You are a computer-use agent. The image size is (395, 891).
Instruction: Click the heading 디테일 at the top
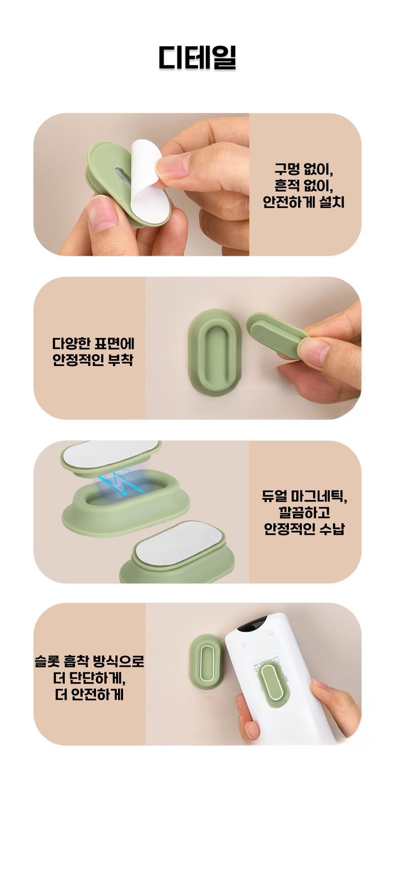coord(197,57)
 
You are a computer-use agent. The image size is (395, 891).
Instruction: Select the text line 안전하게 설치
coord(304,202)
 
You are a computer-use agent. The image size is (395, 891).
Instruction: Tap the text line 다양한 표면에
coord(93,344)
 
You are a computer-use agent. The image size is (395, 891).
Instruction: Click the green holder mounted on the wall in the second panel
coord(215,352)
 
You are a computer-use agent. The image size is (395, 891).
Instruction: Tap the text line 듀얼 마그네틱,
coord(305,496)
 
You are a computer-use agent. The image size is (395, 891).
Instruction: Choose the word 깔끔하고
coord(305,513)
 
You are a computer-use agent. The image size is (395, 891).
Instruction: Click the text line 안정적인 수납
coord(305,529)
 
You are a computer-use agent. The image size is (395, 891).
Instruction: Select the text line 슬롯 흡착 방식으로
coord(90,661)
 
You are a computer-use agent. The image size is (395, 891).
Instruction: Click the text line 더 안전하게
coord(90,694)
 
